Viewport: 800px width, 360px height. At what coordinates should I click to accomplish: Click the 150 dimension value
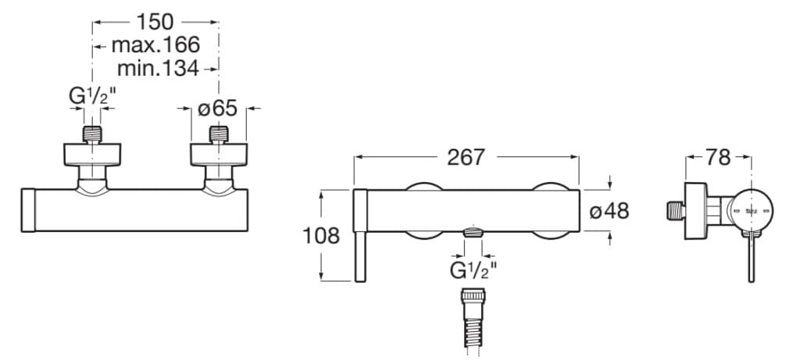pos(155,21)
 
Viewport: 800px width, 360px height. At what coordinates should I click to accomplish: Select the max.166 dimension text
pos(155,45)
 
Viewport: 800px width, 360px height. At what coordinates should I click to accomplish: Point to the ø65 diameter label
pos(220,109)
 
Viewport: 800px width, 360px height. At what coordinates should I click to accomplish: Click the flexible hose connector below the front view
pos(473,320)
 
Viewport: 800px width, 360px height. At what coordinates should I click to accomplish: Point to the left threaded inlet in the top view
pos(93,134)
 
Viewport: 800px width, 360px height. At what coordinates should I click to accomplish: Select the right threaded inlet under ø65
pos(220,134)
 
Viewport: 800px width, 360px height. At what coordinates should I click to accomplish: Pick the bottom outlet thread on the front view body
pos(473,232)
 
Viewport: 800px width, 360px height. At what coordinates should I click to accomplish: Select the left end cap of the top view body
pos(29,210)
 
